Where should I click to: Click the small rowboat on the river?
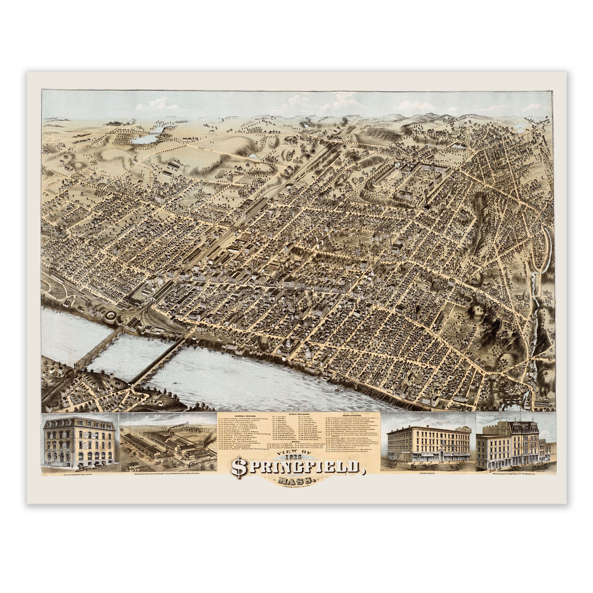pos(175,383)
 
